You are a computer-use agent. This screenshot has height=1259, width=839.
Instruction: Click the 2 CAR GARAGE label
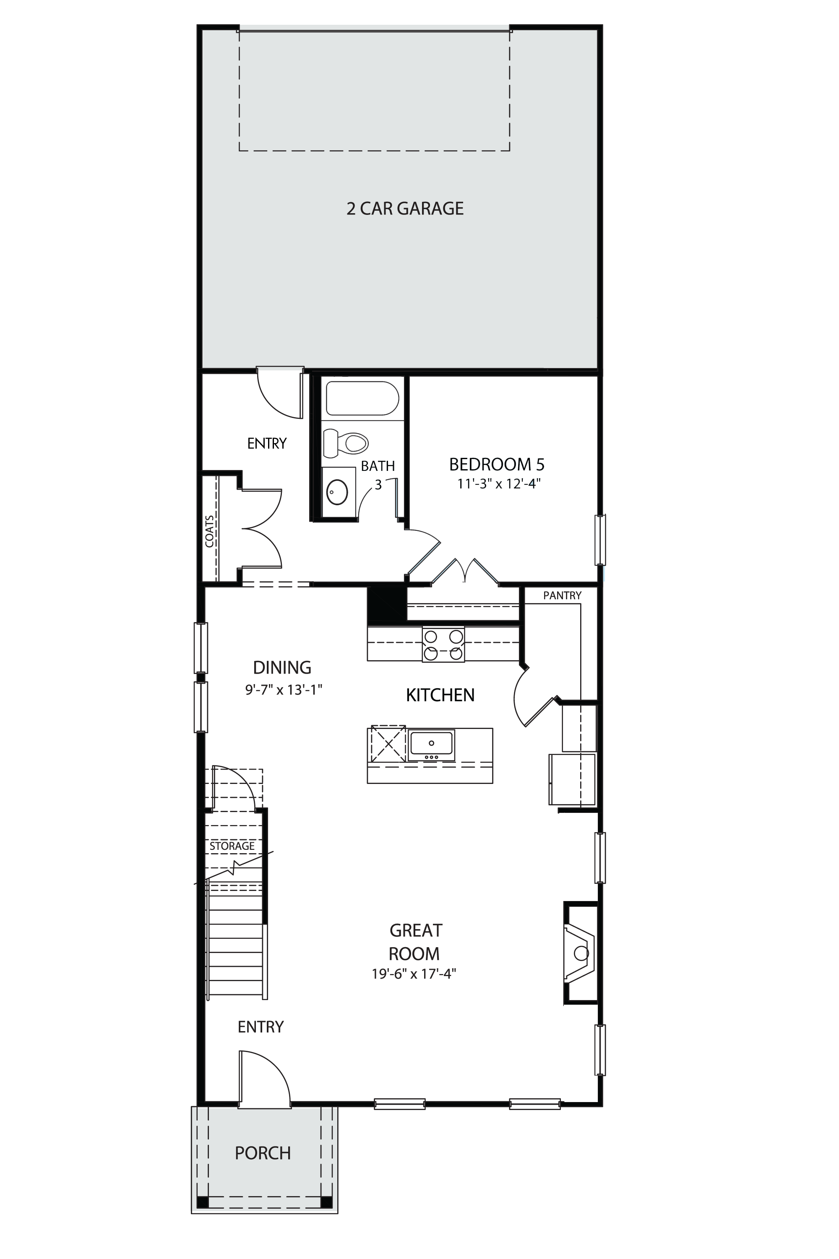tap(405, 208)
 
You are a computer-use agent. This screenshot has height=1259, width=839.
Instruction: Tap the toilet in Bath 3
tap(346, 443)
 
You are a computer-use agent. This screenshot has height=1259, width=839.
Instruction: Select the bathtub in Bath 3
tap(363, 398)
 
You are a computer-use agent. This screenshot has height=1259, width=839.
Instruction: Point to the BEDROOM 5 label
tap(497, 464)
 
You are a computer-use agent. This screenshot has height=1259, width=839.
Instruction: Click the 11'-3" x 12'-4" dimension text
tap(499, 484)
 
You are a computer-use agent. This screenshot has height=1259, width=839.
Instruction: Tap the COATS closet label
tap(210, 531)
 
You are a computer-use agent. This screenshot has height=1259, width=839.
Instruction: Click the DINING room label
tap(282, 668)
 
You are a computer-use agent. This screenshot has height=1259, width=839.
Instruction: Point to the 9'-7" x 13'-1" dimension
tap(284, 690)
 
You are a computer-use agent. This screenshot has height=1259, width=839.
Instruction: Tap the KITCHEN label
tap(440, 695)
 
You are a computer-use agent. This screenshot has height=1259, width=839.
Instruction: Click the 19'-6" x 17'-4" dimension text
tap(414, 973)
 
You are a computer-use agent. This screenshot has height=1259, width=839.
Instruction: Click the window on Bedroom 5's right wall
tap(600, 540)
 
